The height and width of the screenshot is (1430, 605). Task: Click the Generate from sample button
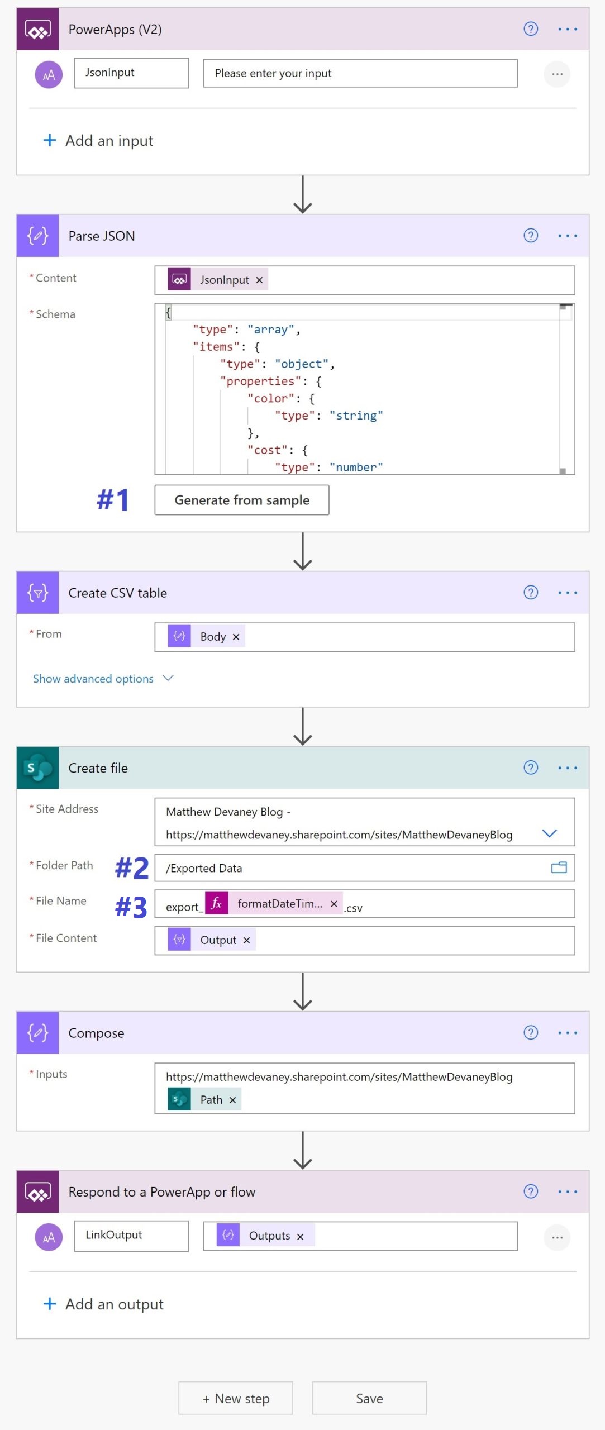click(242, 500)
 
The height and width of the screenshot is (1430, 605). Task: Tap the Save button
click(369, 1398)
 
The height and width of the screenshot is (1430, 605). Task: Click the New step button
click(236, 1398)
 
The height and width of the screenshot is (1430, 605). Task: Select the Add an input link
click(98, 141)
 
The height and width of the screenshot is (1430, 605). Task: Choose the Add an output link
click(103, 1304)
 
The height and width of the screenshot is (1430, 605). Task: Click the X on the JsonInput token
click(259, 280)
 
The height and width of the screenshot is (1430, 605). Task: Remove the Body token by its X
click(236, 637)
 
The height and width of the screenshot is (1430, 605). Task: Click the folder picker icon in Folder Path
click(559, 867)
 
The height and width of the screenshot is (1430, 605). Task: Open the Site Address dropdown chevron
click(550, 833)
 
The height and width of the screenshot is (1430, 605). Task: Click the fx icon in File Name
click(217, 903)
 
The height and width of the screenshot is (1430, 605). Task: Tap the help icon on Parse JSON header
click(531, 236)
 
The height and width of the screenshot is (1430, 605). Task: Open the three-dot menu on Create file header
click(568, 768)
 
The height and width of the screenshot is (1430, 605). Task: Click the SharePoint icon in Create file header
click(37, 768)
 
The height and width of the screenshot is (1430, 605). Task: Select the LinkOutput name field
click(131, 1236)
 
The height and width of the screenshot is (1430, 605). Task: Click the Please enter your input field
click(360, 73)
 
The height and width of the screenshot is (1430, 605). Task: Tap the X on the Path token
click(233, 1100)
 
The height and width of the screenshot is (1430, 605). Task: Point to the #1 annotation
click(113, 499)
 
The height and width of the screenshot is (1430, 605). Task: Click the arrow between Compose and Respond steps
click(303, 1150)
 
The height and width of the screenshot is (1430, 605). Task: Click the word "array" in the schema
click(271, 330)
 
